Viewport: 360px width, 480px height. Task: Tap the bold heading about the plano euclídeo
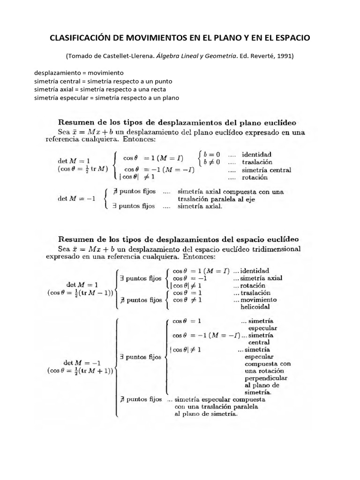pos(180,123)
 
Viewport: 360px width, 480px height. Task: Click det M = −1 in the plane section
pos(76,199)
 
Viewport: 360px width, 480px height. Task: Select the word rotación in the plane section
pos(255,178)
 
